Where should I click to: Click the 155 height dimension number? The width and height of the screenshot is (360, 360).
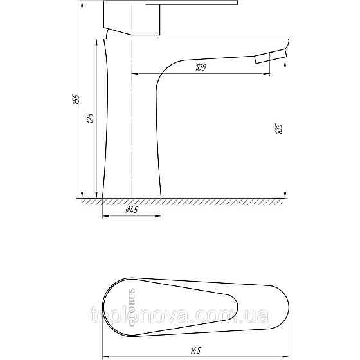(75, 100)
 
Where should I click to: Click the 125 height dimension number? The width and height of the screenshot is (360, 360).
(91, 118)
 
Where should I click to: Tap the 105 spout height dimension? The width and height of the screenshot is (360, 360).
(278, 129)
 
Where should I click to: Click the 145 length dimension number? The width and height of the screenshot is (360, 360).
(193, 350)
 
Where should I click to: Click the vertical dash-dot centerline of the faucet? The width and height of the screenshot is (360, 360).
(132, 129)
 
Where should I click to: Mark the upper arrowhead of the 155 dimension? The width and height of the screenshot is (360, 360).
(82, 4)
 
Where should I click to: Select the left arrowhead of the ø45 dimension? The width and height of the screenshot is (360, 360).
(105, 215)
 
